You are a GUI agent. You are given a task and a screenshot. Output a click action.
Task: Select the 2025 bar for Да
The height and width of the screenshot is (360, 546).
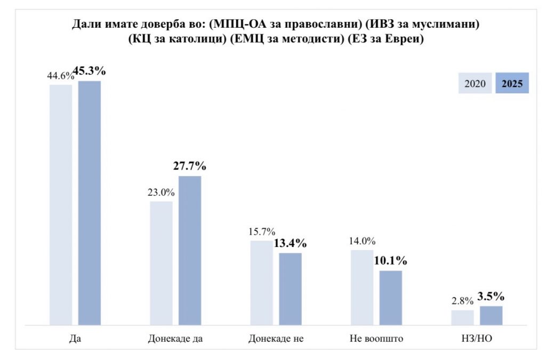[90, 203]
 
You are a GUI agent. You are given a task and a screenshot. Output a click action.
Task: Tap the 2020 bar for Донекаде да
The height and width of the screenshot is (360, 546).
[161, 262]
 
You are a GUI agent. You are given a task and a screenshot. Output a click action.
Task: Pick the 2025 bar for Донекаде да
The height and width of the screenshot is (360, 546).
[190, 250]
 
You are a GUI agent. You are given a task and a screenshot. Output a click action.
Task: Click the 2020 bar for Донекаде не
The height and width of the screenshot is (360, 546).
[261, 282]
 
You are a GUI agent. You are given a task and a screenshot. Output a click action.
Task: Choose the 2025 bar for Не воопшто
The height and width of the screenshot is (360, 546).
[390, 298]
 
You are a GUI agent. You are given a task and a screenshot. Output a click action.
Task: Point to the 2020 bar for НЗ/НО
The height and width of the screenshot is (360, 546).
[462, 317]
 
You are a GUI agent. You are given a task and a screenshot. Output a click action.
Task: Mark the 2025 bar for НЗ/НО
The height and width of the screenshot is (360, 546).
[491, 315]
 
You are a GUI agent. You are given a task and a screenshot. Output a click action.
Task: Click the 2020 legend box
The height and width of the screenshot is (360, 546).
[475, 83]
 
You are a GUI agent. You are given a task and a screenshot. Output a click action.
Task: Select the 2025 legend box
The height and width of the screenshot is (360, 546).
[512, 83]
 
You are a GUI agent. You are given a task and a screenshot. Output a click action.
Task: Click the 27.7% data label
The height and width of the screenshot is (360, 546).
[190, 166]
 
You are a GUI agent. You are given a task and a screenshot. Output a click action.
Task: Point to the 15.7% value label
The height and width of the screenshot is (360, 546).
[261, 232]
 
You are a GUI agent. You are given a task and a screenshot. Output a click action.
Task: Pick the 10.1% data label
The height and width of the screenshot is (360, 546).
[391, 261]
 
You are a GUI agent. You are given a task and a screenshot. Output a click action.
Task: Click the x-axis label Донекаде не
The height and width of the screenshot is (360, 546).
[276, 339]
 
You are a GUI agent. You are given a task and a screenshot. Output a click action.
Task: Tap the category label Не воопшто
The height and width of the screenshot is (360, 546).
[376, 339]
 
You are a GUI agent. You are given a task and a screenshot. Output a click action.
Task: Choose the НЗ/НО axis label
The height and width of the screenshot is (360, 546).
[477, 339]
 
